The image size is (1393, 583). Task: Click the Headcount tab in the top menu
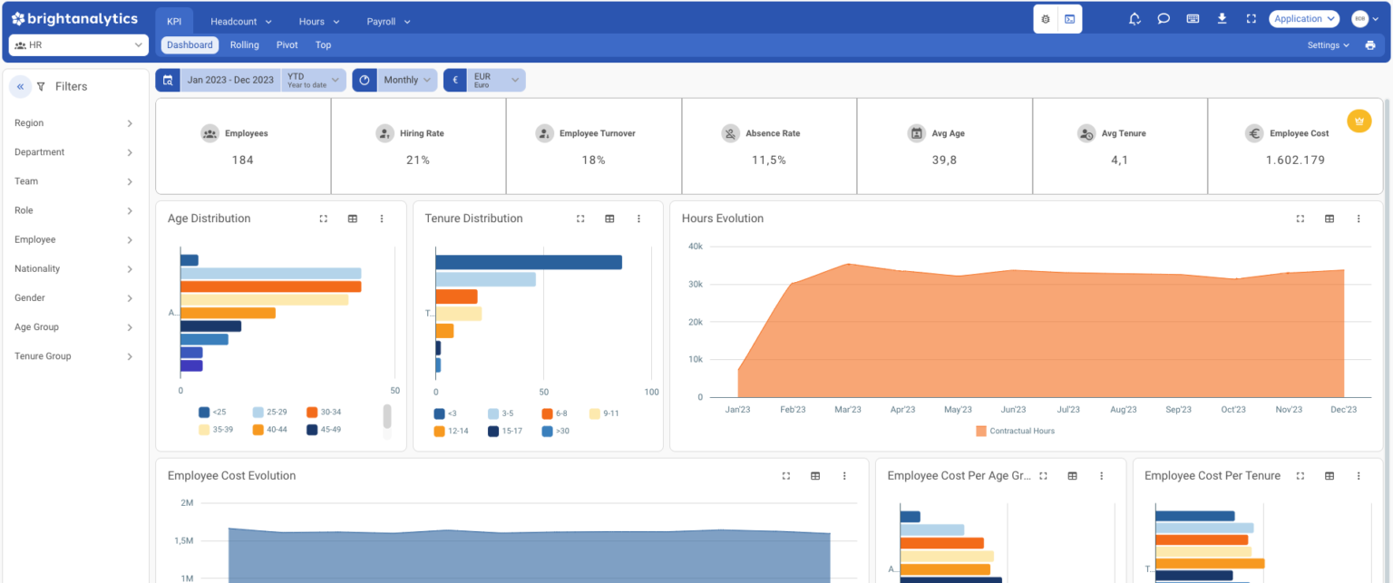tap(240, 21)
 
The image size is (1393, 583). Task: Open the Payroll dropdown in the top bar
tap(388, 21)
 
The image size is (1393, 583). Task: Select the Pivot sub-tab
tap(287, 44)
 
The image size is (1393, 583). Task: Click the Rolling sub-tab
tap(244, 44)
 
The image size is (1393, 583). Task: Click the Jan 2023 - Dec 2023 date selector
tap(229, 80)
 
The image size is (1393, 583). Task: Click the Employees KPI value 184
tap(242, 160)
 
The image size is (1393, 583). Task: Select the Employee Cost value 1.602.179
tap(1295, 160)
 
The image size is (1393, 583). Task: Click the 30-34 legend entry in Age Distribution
tap(324, 413)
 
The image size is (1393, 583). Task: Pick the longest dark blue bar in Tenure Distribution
tap(528, 262)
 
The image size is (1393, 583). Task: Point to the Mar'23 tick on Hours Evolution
tap(847, 410)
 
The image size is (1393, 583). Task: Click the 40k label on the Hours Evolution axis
tap(695, 247)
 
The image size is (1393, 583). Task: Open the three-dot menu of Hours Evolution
tap(1358, 219)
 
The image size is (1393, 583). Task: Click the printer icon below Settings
tap(1369, 45)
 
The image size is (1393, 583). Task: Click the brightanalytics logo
tap(74, 19)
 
